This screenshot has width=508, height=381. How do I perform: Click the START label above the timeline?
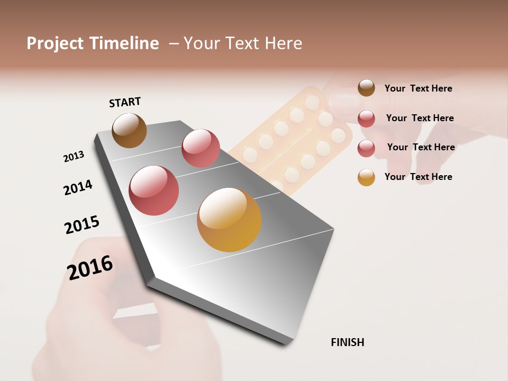pyautogui.click(x=125, y=102)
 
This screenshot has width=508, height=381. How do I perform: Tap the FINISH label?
pyautogui.click(x=347, y=342)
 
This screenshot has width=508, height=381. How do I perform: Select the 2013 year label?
pyautogui.click(x=74, y=157)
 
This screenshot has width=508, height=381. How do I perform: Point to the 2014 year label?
pyautogui.click(x=78, y=187)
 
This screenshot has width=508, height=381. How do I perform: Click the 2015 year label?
pyautogui.click(x=82, y=224)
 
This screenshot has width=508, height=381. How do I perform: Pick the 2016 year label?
pyautogui.click(x=90, y=267)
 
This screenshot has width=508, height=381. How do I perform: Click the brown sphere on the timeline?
pyautogui.click(x=130, y=130)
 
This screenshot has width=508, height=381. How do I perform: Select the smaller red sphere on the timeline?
pyautogui.click(x=201, y=148)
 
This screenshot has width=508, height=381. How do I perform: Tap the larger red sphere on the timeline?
pyautogui.click(x=154, y=190)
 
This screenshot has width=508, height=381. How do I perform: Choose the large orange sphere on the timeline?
pyautogui.click(x=229, y=220)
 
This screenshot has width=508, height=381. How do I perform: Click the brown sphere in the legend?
pyautogui.click(x=366, y=88)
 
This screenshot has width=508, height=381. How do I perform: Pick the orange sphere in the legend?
pyautogui.click(x=366, y=177)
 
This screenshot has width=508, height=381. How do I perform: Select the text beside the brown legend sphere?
pyautogui.click(x=418, y=88)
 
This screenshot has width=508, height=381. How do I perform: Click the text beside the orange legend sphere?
pyautogui.click(x=418, y=177)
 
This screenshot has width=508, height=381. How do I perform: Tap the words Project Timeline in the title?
pyautogui.click(x=93, y=43)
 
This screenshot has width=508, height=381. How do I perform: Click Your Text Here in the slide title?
pyautogui.click(x=243, y=43)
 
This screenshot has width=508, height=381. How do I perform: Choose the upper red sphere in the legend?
pyautogui.click(x=366, y=118)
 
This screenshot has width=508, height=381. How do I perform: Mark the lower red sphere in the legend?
pyautogui.click(x=366, y=148)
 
